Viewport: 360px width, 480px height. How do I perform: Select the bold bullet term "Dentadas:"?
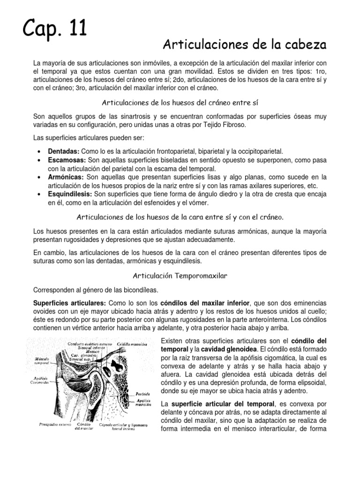coord(64,151)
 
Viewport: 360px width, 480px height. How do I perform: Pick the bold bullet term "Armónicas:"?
coord(66,177)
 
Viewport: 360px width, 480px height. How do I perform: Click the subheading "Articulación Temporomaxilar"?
coord(180,276)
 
